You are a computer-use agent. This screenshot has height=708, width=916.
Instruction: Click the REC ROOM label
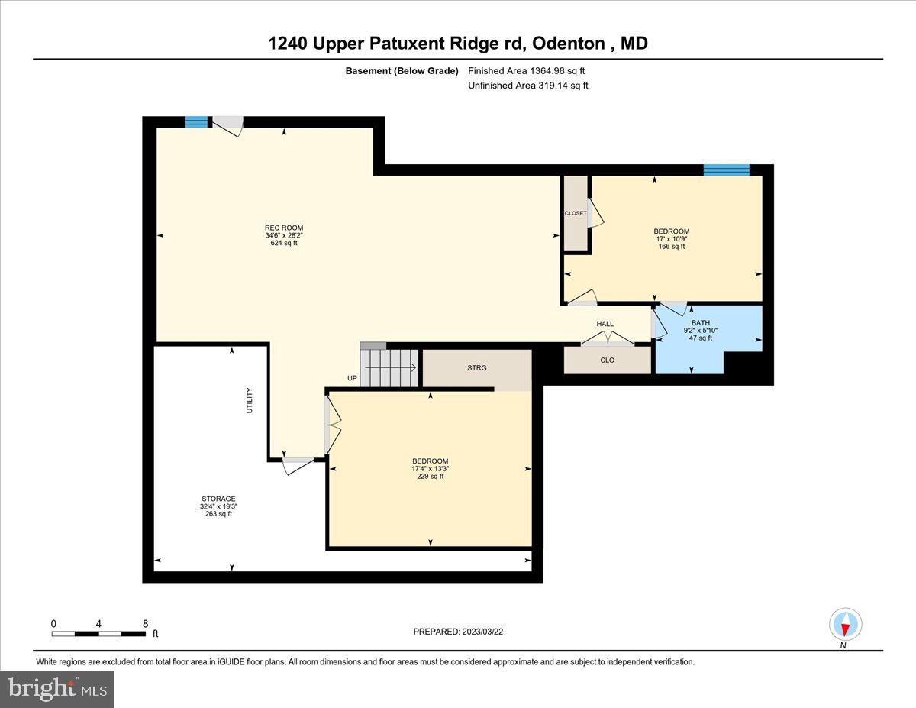(x=284, y=228)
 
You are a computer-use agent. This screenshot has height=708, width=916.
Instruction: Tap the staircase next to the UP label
(x=390, y=367)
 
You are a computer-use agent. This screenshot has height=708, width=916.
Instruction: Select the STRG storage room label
(x=477, y=367)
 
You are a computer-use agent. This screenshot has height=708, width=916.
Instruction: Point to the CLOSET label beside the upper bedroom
(x=576, y=213)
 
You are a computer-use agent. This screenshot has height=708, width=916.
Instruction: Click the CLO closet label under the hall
(x=607, y=360)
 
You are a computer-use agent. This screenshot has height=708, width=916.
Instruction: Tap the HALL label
(x=605, y=324)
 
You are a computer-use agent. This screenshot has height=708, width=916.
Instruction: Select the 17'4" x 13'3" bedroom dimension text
(x=430, y=468)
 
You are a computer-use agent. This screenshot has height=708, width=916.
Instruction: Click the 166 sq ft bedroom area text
(x=671, y=246)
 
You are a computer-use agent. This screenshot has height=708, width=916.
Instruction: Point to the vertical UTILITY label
(x=250, y=401)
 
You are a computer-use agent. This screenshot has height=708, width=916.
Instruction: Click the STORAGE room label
(x=218, y=499)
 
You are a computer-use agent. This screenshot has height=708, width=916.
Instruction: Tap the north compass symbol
(x=845, y=626)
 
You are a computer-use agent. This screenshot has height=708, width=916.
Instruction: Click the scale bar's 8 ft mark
(x=145, y=624)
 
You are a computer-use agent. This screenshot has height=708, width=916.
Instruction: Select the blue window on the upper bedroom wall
(x=726, y=170)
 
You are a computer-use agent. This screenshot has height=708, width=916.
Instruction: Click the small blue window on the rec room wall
(x=197, y=121)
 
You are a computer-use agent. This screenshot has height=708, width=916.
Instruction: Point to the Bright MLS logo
(x=58, y=689)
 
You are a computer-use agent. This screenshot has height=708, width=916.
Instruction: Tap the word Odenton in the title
(x=569, y=44)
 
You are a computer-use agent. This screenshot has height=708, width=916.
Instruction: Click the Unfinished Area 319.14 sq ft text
(x=527, y=86)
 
